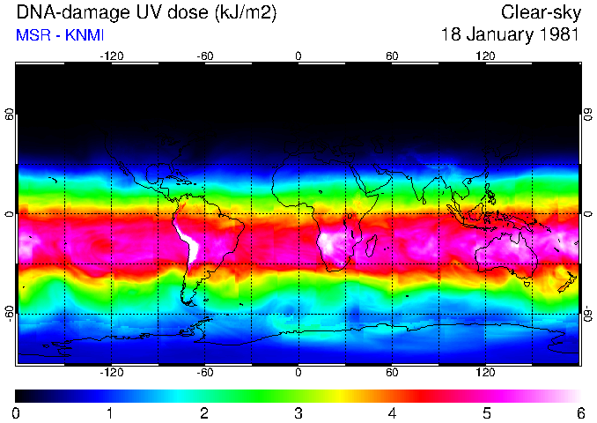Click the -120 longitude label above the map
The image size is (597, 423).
[x=111, y=56]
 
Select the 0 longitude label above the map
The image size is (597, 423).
[x=298, y=56]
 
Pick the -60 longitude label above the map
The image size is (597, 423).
[x=204, y=56]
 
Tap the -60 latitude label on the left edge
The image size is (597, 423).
[x=10, y=313]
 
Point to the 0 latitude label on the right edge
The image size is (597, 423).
[x=587, y=213]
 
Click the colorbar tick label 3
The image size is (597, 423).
[x=298, y=412]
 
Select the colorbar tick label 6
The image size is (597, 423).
[x=579, y=412]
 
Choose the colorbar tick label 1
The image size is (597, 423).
[x=110, y=412]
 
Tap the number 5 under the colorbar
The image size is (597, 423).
[x=485, y=412]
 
